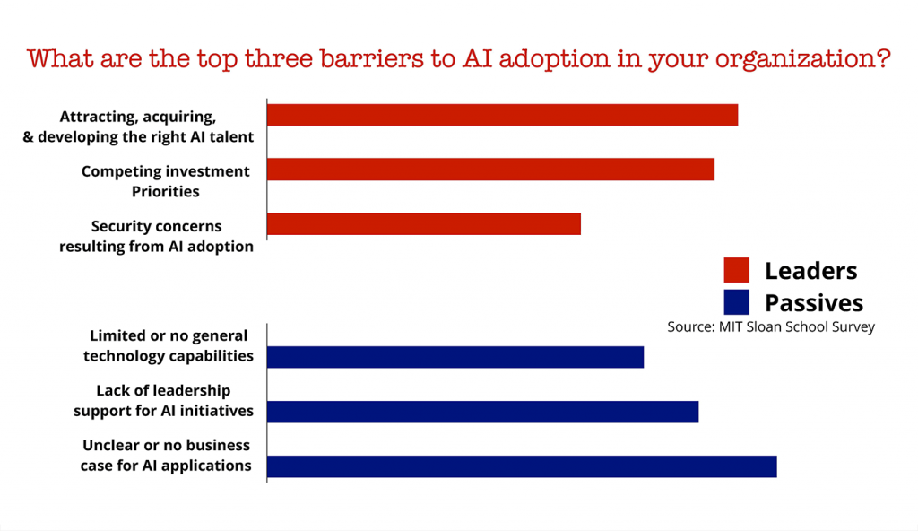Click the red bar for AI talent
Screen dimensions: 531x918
502,115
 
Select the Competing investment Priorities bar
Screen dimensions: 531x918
490,170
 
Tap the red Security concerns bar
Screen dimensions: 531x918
424,223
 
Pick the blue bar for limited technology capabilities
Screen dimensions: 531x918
455,357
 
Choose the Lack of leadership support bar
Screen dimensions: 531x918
482,412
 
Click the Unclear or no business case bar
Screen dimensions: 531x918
522,466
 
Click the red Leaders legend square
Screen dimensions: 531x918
736,270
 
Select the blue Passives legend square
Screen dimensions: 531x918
736,301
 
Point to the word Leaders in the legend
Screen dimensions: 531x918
810,271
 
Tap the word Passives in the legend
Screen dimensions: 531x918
813,302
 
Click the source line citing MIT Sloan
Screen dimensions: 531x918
770,327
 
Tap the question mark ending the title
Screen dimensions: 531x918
883,59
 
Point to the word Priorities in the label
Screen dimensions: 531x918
166,191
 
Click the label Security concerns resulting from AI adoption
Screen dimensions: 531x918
157,236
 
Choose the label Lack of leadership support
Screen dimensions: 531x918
163,401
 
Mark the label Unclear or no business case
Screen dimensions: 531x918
167,456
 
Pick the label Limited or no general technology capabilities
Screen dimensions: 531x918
169,346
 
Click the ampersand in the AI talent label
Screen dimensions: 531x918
28,137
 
